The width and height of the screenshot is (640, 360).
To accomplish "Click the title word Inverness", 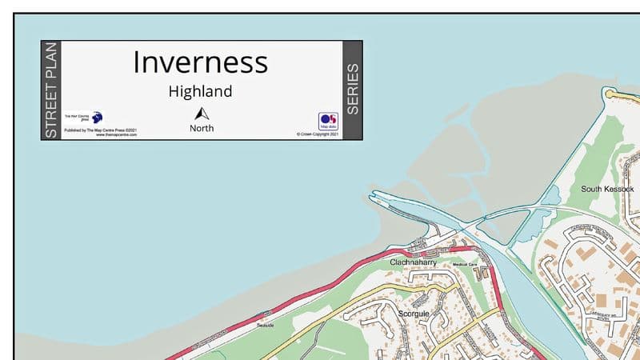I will pyautogui.click(x=200, y=62).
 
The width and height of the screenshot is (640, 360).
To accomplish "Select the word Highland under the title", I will pyautogui.click(x=200, y=91).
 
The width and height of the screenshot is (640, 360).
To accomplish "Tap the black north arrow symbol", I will pyautogui.click(x=201, y=113).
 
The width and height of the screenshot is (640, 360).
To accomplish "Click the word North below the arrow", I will pyautogui.click(x=202, y=128).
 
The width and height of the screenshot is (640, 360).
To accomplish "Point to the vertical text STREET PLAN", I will pyautogui.click(x=51, y=90).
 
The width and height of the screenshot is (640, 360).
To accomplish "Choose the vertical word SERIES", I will pyautogui.click(x=352, y=90).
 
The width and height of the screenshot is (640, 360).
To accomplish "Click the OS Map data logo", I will pyautogui.click(x=328, y=121).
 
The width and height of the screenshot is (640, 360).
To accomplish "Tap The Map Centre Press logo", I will pyautogui.click(x=96, y=117).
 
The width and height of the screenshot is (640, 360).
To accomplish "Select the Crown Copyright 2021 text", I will pyautogui.click(x=318, y=134).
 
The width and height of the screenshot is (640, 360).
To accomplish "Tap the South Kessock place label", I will pyautogui.click(x=608, y=189).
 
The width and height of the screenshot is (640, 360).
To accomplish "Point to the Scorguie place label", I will pyautogui.click(x=414, y=314).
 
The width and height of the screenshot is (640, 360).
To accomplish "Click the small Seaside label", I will pyautogui.click(x=265, y=325).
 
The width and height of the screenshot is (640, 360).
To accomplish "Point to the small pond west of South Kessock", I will pyautogui.click(x=550, y=194).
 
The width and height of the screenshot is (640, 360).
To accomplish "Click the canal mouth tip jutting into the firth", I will pyautogui.click(x=371, y=194).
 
